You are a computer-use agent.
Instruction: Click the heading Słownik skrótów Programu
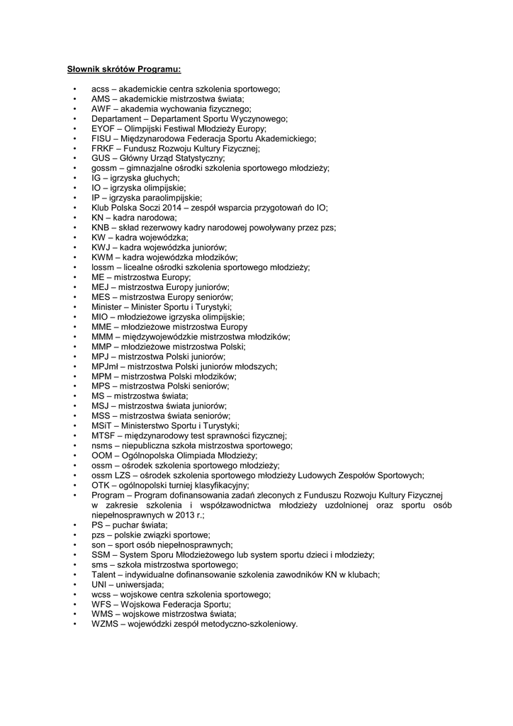click(x=124, y=69)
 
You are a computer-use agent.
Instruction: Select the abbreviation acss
click(x=100, y=89)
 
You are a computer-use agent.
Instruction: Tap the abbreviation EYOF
click(x=103, y=129)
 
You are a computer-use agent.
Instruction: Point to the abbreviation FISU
click(x=102, y=139)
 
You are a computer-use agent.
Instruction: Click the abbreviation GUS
click(x=101, y=159)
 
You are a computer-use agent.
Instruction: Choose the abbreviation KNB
click(x=101, y=228)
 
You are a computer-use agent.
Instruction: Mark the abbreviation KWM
click(x=102, y=257)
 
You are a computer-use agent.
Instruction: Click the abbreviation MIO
click(x=100, y=317)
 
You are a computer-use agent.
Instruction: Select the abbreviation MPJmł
click(x=104, y=367)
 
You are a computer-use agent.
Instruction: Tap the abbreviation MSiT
click(x=101, y=425)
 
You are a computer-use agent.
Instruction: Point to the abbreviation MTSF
click(x=103, y=435)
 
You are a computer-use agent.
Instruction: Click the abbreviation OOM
click(x=102, y=455)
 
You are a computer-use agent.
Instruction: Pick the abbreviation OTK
click(x=101, y=485)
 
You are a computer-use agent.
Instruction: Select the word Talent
click(x=103, y=574)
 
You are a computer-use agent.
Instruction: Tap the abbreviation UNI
click(x=98, y=584)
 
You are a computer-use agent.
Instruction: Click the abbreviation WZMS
click(x=105, y=624)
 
